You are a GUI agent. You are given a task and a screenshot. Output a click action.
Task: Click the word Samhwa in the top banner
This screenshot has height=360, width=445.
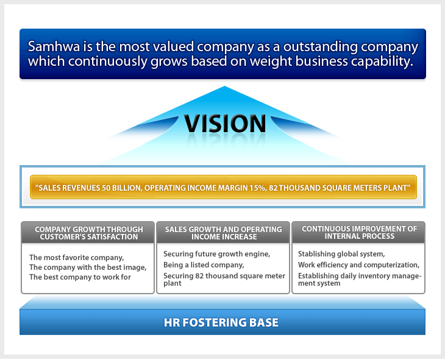coord(54,46)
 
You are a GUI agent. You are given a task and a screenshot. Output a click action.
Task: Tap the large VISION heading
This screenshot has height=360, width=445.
coord(225,124)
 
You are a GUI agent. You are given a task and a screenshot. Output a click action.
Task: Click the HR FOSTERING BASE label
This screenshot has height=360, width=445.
coord(221,323)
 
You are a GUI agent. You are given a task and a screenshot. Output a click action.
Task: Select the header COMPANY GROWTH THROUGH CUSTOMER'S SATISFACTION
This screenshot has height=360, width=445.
coord(89,233)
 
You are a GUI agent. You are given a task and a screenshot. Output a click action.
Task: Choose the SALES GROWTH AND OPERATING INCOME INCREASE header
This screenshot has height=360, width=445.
coord(224,233)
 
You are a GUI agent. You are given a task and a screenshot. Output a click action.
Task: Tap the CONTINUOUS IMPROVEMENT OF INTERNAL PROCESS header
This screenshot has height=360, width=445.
coord(359,233)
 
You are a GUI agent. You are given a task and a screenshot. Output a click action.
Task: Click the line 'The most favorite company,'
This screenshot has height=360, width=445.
coord(77,258)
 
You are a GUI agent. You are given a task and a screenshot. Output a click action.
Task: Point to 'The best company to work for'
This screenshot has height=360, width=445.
coord(80,277)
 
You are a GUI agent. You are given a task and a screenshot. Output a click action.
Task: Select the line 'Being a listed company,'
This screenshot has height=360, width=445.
coord(204,265)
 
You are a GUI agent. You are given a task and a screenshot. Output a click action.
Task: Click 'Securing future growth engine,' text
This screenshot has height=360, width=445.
coord(216,254)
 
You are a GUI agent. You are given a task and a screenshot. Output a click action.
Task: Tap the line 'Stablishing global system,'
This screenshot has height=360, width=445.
coord(341,254)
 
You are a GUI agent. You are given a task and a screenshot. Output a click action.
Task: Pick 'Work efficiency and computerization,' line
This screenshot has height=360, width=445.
coord(358,265)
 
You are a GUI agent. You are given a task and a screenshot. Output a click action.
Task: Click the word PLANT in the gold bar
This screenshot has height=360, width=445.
coord(397,188)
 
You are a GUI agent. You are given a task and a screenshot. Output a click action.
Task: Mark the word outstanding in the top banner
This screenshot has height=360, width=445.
coord(321,47)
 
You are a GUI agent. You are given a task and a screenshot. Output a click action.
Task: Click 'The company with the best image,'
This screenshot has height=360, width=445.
coord(88,267)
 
